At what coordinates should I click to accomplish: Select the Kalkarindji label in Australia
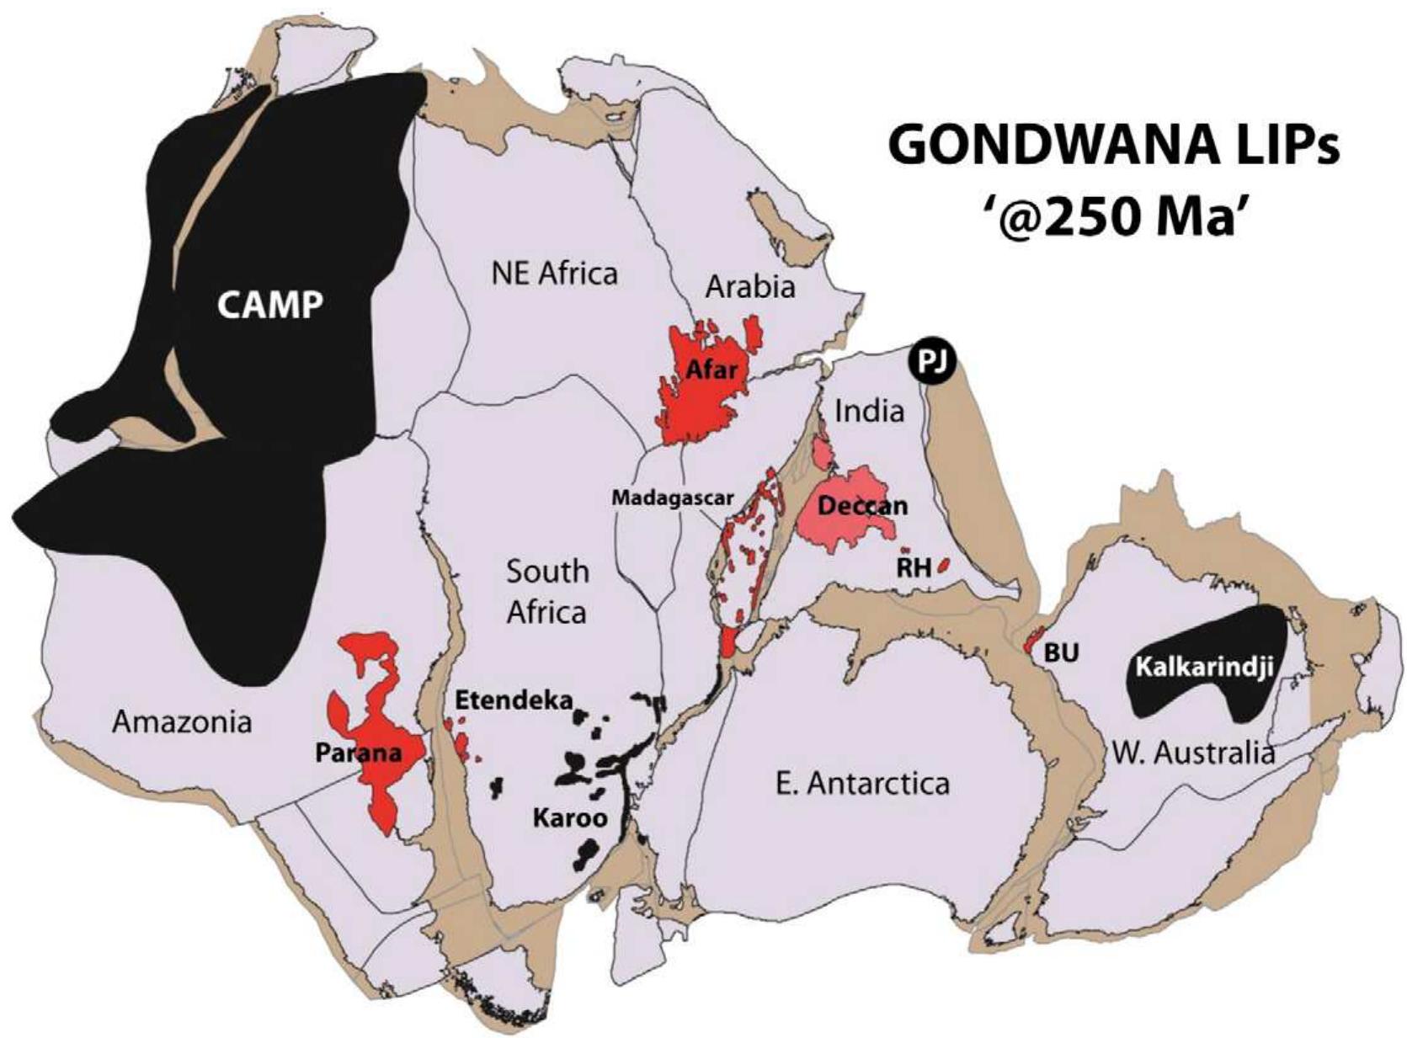[x=1202, y=667]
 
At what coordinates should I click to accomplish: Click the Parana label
[x=358, y=752]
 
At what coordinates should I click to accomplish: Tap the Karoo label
[x=570, y=817]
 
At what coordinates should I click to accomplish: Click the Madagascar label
[x=673, y=498]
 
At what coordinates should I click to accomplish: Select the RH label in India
[x=914, y=567]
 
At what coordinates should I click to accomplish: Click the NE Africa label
[x=554, y=274]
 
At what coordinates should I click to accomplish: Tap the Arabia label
[x=749, y=287]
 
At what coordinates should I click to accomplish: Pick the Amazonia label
[x=182, y=721]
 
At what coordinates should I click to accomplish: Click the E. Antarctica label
[x=861, y=784]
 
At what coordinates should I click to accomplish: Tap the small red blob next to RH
[x=943, y=563]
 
